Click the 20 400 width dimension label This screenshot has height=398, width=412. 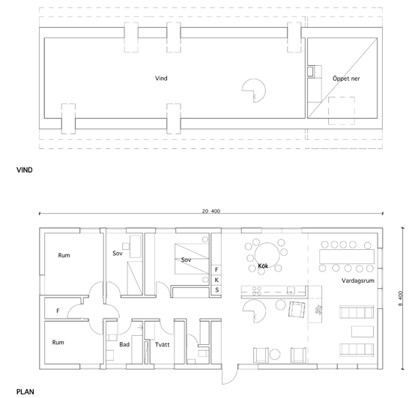click(x=211, y=211)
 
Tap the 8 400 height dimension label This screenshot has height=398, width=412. click(x=400, y=298)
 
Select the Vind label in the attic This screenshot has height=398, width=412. click(x=161, y=79)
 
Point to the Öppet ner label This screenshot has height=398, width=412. click(x=346, y=79)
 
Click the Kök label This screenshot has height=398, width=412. click(x=263, y=266)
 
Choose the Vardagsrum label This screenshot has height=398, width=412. click(x=357, y=281)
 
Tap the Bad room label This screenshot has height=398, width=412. click(x=124, y=344)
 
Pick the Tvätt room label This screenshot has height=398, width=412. click(x=162, y=344)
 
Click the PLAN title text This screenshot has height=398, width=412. click(x=25, y=392)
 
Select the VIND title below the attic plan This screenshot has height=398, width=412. click(x=25, y=170)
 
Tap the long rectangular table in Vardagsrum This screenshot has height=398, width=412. click(x=347, y=257)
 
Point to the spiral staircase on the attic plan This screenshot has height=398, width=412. click(x=254, y=91)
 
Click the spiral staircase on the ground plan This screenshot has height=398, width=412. click(x=254, y=311)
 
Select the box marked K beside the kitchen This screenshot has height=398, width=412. click(x=216, y=280)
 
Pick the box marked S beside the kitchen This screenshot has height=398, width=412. click(x=216, y=290)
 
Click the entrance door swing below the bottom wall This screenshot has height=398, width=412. click(x=228, y=377)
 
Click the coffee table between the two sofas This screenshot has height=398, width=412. click(x=363, y=331)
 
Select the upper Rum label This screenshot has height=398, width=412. click(x=64, y=255)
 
